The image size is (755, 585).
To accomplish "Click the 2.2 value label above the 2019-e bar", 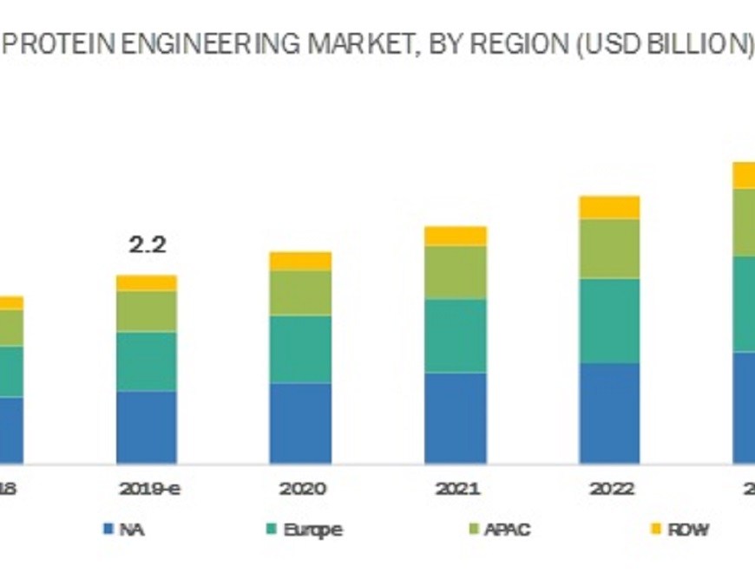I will coord(147,245).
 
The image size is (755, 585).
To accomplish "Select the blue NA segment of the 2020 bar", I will coord(300,422).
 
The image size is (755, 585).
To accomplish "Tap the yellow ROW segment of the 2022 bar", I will coord(609,207).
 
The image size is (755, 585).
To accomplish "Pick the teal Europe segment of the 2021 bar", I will coord(456,336).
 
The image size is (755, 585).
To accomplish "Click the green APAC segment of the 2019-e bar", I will coord(147,310).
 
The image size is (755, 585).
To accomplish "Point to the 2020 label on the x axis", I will coord(302,489).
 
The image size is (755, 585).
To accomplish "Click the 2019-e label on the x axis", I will coord(148,489).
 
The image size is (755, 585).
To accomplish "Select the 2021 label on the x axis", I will coord(456,489).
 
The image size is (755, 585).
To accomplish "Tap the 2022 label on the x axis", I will coord(611,489).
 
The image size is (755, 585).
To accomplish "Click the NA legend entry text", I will coord(133,529).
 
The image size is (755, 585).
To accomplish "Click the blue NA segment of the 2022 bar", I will coord(609,413).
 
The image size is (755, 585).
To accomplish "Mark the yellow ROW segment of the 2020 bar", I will coord(300,261).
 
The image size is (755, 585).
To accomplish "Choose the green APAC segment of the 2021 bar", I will coord(456,272).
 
